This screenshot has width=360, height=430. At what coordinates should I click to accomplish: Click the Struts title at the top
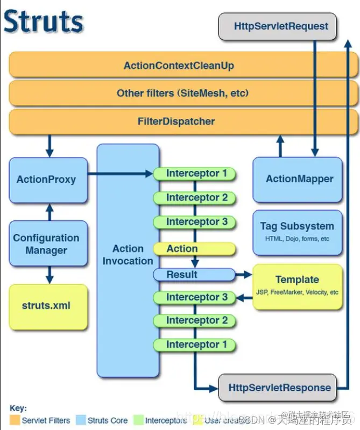click(x=43, y=22)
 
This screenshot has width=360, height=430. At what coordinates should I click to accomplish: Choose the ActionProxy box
click(x=48, y=180)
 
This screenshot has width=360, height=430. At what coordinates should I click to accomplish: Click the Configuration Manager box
click(x=48, y=244)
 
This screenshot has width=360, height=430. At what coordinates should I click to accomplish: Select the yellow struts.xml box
click(x=48, y=306)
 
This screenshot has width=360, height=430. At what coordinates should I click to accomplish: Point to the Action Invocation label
click(x=128, y=255)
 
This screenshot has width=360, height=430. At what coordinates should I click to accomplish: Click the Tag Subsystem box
click(x=297, y=231)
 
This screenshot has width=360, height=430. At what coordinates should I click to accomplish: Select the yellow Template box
click(x=297, y=285)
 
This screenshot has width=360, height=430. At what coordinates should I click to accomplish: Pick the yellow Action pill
click(x=183, y=249)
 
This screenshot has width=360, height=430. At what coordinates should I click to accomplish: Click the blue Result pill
click(x=183, y=275)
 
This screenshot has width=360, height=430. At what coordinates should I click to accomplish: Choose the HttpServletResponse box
click(x=279, y=388)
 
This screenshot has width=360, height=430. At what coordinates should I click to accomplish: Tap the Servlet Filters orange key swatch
click(x=15, y=420)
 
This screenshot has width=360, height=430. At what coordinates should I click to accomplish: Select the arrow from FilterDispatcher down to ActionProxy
click(x=50, y=146)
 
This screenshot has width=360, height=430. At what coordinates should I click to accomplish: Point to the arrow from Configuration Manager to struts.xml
click(x=50, y=275)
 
